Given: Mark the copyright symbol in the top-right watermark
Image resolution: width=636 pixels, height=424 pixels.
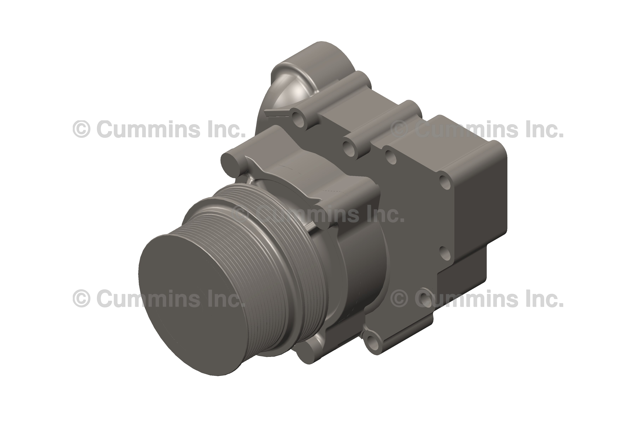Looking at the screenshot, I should pos(400,129).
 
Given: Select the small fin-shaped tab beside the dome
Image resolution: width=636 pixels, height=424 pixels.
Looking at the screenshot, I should pos(276,113).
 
